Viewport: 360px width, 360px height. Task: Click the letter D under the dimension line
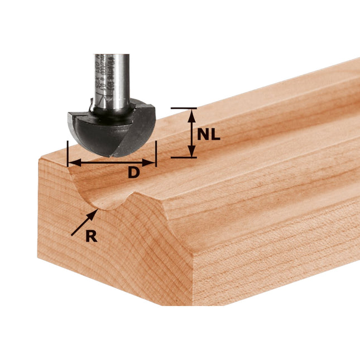point(133,173)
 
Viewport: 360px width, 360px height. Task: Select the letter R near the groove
point(92,236)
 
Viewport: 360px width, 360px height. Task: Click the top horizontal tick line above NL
point(184,108)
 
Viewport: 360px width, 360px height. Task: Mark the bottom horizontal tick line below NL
point(184,157)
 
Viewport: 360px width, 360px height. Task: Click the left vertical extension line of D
point(67,154)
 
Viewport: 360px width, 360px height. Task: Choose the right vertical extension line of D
point(156,154)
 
